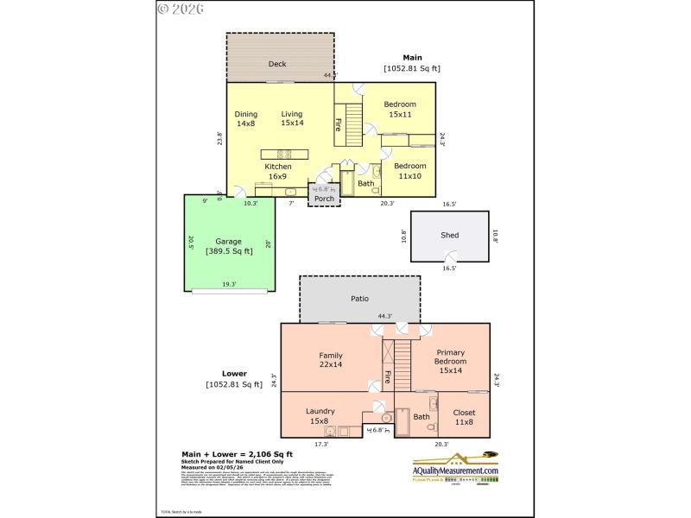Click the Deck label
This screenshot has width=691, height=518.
click(277, 64)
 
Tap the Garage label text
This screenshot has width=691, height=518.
click(229, 242)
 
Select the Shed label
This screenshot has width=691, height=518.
click(449, 235)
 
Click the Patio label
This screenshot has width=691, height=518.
click(359, 299)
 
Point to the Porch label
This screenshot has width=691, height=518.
click(324, 199)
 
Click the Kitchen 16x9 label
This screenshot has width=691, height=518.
click(278, 171)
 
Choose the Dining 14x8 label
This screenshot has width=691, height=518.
click(246, 118)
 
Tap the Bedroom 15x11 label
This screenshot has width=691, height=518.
click(400, 109)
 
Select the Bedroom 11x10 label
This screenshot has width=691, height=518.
click(409, 171)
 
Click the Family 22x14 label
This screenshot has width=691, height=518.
click(331, 360)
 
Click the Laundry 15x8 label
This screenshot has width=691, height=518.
click(319, 416)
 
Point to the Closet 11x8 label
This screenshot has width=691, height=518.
click(464, 418)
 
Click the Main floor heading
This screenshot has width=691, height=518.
click(412, 58)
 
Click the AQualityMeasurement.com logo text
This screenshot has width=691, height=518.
click(455, 471)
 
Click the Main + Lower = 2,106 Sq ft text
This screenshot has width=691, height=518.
click(237, 453)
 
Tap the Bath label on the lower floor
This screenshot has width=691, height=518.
click(421, 417)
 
